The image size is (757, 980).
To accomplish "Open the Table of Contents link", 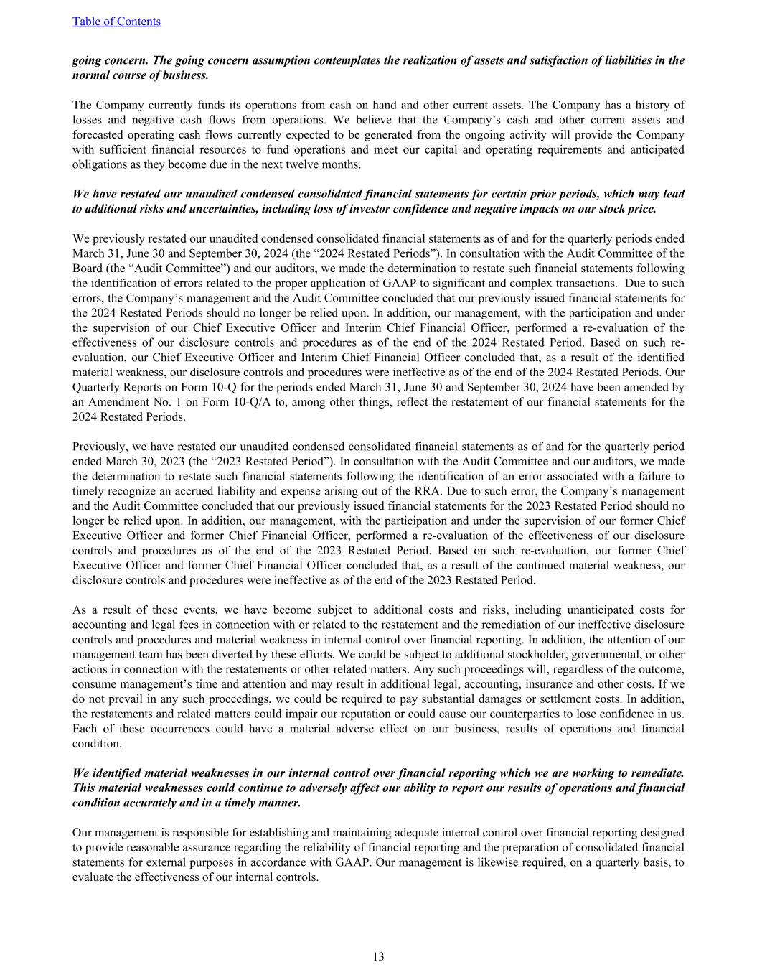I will point(116,22).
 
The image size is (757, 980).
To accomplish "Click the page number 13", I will point(378,956).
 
